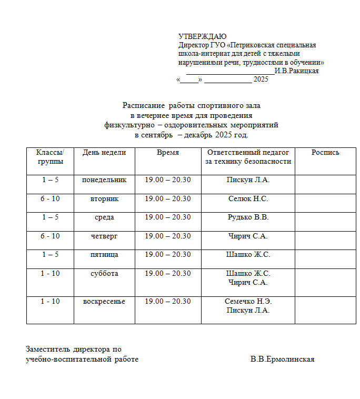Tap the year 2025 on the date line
tap(261, 79)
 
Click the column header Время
tap(168, 153)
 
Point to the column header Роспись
tap(325, 153)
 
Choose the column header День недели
tap(104, 153)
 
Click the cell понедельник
tap(104, 180)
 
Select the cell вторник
tap(104, 199)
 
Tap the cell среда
tap(104, 217)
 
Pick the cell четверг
tap(104, 236)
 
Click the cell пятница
tap(104, 255)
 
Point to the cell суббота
tap(104, 274)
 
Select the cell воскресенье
tap(104, 302)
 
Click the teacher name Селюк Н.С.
tap(248, 199)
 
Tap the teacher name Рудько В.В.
tap(248, 217)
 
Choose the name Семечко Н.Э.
tap(248, 302)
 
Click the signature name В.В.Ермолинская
tap(282, 360)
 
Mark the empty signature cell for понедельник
tap(325, 184)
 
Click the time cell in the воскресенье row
tap(168, 302)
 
